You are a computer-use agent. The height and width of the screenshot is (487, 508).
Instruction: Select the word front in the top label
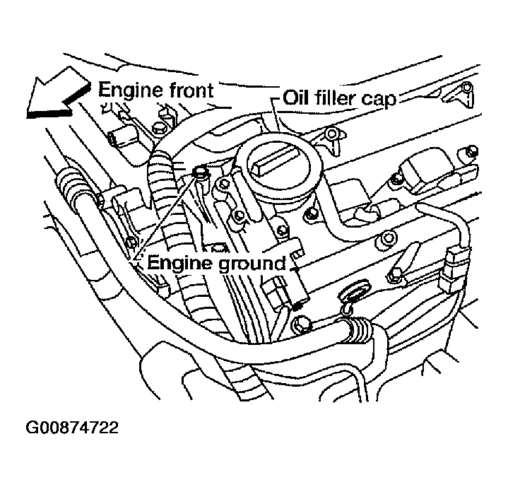click(191, 90)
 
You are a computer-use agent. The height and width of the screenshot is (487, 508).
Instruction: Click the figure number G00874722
click(72, 428)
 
